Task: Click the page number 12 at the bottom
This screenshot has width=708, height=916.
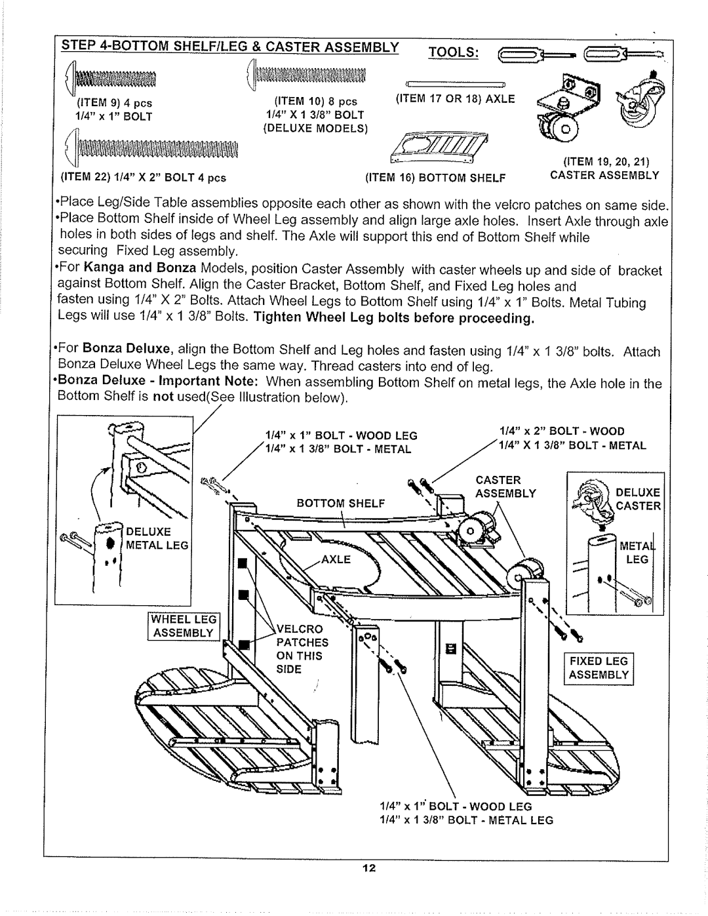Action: tap(368, 869)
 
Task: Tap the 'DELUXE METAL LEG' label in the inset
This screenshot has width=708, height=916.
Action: tap(161, 538)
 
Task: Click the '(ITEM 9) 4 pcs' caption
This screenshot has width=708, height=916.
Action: tap(114, 104)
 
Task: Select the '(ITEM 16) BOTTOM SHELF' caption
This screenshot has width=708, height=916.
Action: tap(448, 176)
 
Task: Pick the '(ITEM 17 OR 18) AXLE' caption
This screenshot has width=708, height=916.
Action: tap(455, 99)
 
